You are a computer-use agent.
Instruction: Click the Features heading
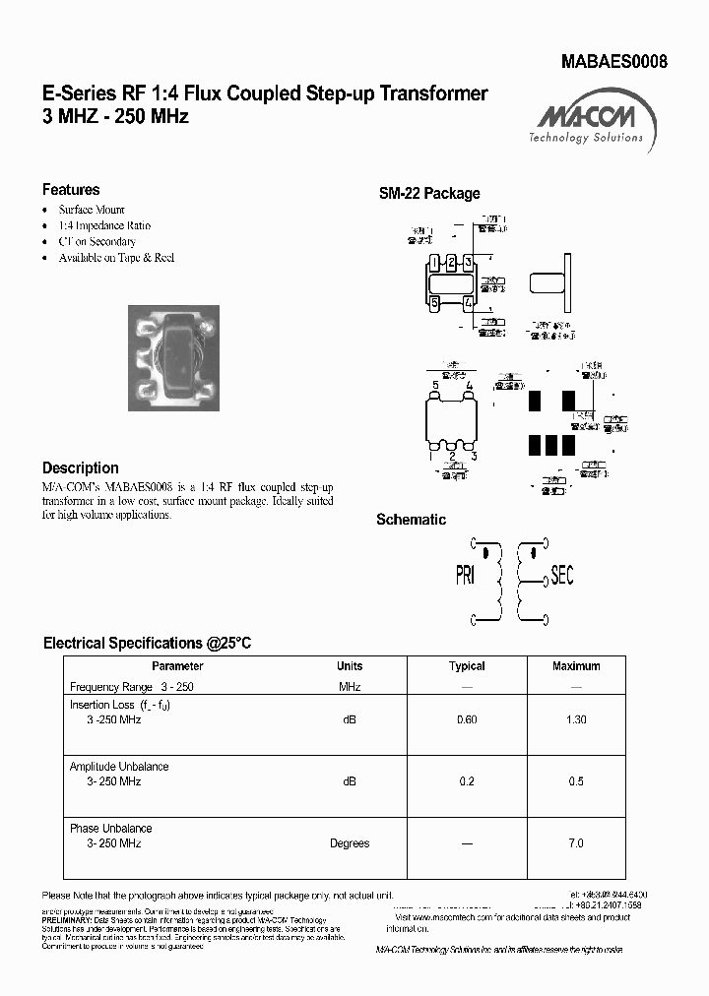coord(71,190)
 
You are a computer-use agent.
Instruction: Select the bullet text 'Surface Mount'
coord(92,210)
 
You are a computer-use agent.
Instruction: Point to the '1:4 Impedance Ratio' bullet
coord(104,225)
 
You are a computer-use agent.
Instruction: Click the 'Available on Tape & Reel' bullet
coord(116,257)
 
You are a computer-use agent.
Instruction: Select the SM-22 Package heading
coord(429,194)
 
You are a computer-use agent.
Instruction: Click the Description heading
coord(81,468)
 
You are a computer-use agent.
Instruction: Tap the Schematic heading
coord(411,520)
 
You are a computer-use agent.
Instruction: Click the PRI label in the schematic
coord(465,576)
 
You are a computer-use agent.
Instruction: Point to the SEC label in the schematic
coord(561,576)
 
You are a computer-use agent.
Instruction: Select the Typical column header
coord(467,666)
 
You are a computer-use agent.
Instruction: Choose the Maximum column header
coord(576,666)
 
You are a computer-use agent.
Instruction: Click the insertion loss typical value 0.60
coord(467,719)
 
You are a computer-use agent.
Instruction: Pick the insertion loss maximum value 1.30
coord(576,719)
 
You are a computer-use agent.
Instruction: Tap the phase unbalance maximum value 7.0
coord(576,843)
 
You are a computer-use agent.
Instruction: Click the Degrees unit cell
coord(350,843)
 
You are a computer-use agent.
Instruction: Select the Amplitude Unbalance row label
coord(119,767)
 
